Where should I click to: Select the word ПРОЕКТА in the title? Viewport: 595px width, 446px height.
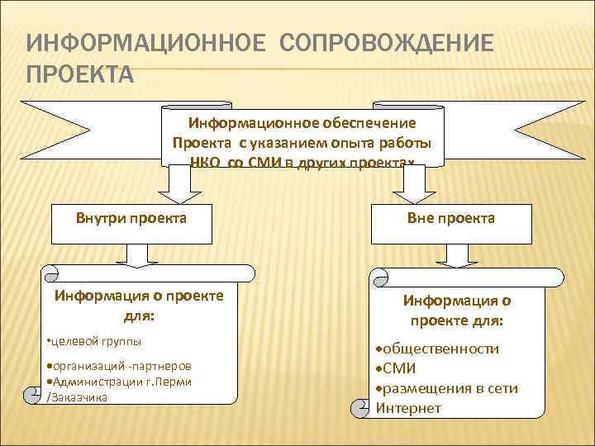(79, 75)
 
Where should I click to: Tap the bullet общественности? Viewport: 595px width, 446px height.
(441, 349)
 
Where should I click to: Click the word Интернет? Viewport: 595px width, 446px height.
(408, 408)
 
